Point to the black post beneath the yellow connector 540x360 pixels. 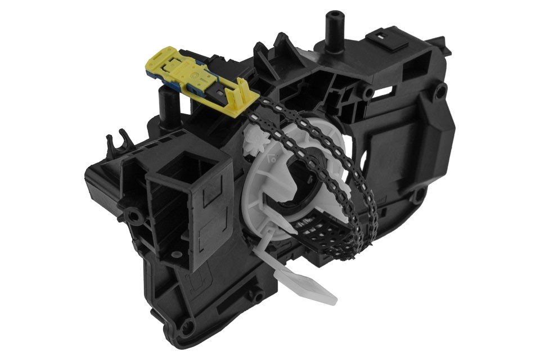tap(167, 107)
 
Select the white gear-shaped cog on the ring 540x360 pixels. tap(256, 140)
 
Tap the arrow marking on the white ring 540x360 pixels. tap(272, 159)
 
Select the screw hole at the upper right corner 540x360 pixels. tap(440, 90)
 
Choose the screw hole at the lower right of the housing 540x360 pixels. tap(417, 196)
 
